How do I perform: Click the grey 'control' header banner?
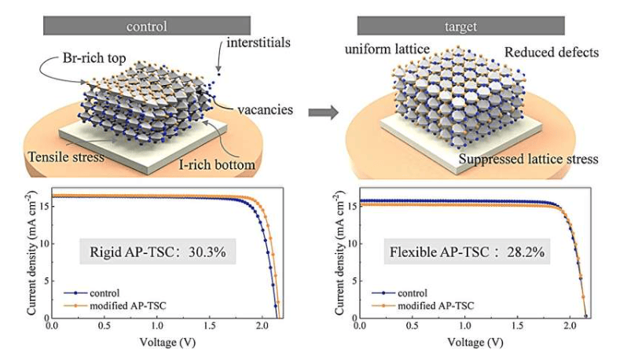pos(147,26)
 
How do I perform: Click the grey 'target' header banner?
pos(460,26)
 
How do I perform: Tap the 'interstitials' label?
pos(258,42)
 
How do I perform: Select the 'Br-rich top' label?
pos(94,58)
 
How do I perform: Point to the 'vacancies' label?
pos(265,109)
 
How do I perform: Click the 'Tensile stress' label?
pos(66,156)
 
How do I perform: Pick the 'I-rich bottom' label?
pos(216,164)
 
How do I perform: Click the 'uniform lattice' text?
pos(387,50)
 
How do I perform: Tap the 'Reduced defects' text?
pos(552,52)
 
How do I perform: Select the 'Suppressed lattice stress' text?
pos(528,159)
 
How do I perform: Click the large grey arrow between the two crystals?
pos(323,112)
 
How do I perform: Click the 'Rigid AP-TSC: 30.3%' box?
pos(158,252)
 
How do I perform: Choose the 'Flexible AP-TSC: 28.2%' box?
pos(467,252)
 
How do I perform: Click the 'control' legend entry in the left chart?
pos(92,293)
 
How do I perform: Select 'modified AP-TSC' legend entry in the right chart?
pos(423,306)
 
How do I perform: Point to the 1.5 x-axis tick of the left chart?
pos(210,326)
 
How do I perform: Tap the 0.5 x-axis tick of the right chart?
pos(412,326)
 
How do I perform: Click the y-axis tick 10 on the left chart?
pos(44,243)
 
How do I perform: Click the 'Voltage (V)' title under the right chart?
pos(475,343)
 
